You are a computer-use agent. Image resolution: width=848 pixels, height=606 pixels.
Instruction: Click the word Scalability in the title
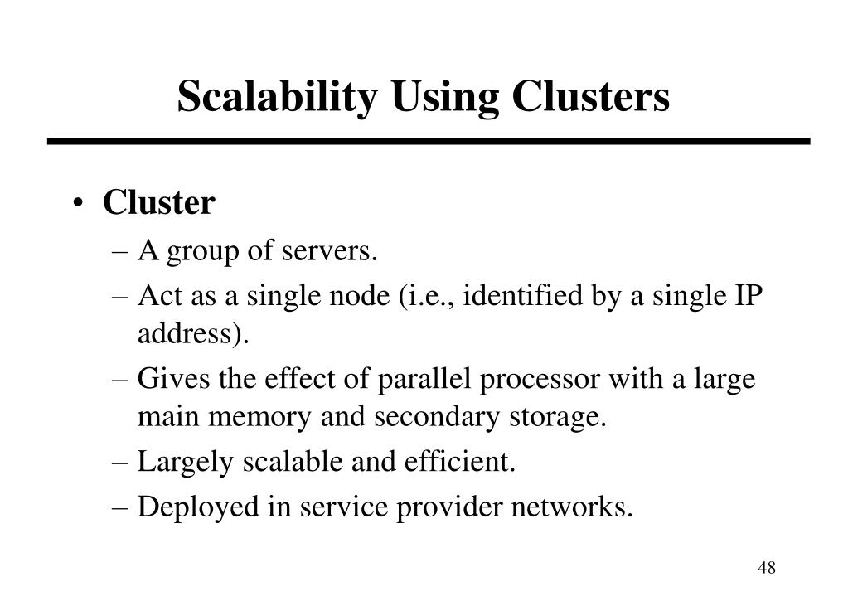point(279,97)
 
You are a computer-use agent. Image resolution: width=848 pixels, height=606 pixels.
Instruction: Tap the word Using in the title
point(445,97)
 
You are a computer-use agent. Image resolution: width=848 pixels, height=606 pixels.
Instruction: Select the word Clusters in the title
point(590,97)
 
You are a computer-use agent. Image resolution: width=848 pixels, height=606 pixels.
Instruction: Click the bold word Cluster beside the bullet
point(158,203)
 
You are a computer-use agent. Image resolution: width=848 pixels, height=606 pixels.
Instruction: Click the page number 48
point(766,568)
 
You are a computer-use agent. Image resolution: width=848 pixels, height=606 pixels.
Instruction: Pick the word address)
point(193,335)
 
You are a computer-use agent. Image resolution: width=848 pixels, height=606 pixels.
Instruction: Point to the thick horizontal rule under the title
point(428,142)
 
